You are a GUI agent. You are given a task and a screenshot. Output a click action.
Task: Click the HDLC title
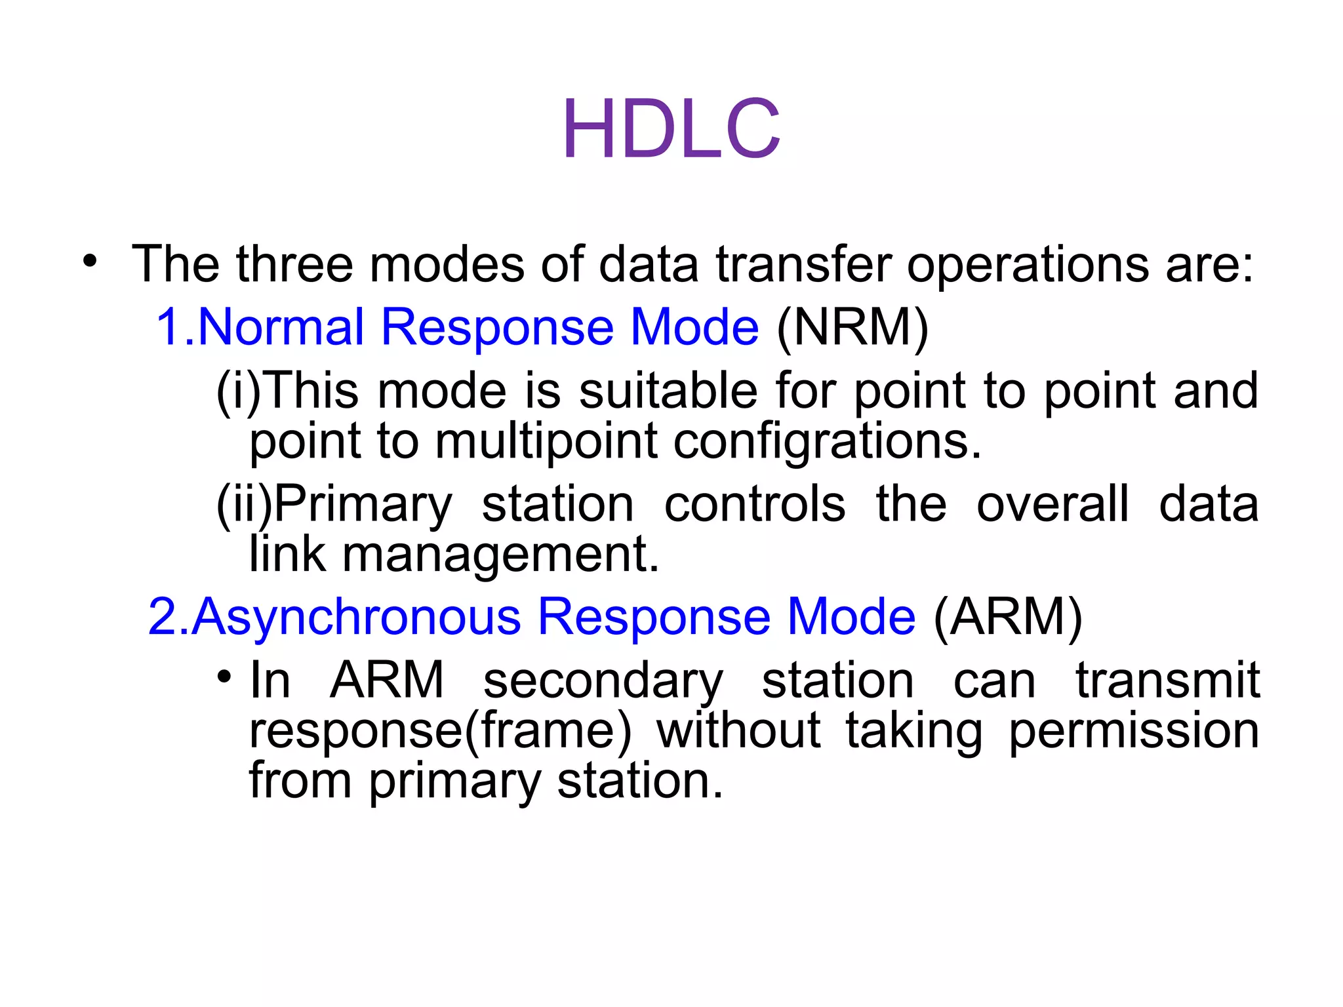[671, 129]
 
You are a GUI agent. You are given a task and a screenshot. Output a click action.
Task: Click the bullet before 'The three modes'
[90, 262]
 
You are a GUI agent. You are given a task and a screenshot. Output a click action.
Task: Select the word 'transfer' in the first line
[804, 264]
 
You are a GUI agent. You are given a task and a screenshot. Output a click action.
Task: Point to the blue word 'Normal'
[281, 327]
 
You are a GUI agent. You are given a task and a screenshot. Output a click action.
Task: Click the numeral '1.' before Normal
[174, 327]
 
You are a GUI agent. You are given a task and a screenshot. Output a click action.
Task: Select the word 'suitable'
[668, 391]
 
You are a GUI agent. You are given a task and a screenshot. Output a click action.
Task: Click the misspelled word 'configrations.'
[828, 442]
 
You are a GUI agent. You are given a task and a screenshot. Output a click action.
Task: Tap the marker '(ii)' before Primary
[243, 505]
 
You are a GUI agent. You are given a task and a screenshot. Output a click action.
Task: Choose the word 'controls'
[755, 505]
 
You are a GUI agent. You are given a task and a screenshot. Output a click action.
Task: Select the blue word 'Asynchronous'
[357, 617]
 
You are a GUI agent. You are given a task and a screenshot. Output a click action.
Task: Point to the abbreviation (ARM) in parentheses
[1007, 617]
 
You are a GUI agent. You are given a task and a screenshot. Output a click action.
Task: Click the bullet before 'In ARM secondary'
[224, 676]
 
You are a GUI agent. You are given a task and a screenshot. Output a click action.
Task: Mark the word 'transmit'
[1168, 680]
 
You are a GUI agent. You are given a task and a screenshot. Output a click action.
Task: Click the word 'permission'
[1134, 732]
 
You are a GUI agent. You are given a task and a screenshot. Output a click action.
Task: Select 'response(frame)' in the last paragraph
[440, 732]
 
